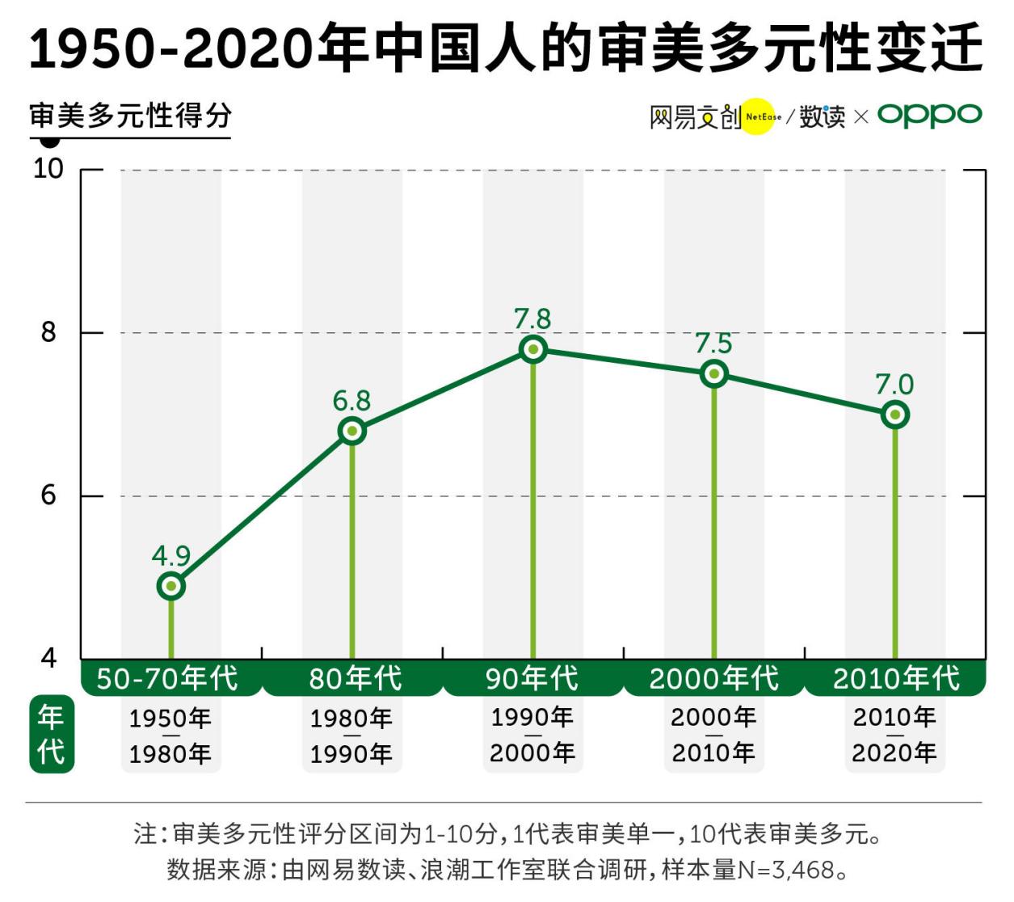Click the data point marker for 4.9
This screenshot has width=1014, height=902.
tap(171, 586)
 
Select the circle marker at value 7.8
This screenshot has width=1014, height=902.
tap(533, 350)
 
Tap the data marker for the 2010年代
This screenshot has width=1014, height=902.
tap(895, 415)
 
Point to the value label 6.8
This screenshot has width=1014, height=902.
tap(351, 401)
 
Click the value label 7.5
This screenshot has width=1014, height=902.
tap(713, 344)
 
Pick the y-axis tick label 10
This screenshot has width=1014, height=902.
tap(48, 168)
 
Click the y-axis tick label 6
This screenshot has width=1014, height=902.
tap(48, 495)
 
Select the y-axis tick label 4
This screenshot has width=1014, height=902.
tap(48, 658)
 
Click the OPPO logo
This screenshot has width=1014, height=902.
tap(929, 116)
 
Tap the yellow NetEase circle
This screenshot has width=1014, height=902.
tap(758, 116)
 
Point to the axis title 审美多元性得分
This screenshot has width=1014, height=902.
tap(130, 116)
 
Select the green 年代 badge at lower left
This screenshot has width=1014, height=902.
tap(51, 734)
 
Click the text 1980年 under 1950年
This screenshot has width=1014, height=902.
tap(170, 754)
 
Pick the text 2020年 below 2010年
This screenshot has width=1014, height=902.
tap(894, 752)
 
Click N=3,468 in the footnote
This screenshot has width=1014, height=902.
tap(786, 870)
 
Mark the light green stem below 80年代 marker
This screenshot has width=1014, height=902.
tap(352, 550)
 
